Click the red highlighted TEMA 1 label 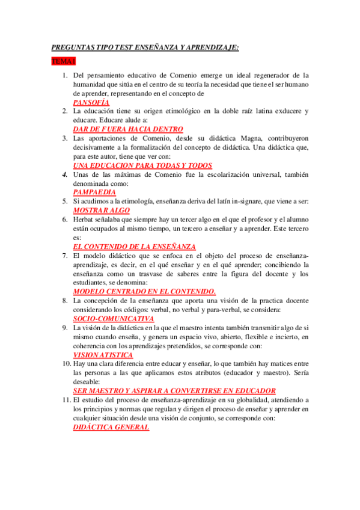coord(63,61)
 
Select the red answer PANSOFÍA coord(91,103)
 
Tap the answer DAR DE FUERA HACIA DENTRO coord(127,129)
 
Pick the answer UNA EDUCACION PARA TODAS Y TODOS coord(142,165)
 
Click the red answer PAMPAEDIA coord(95,192)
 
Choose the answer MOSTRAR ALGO coord(101,210)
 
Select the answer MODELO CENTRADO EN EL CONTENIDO coord(144,291)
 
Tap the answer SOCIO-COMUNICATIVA coord(113,318)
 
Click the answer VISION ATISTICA coord(103,355)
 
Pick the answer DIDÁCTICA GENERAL coord(111,426)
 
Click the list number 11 coord(64,400)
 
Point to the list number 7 coord(66,256)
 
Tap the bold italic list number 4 coord(66,174)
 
